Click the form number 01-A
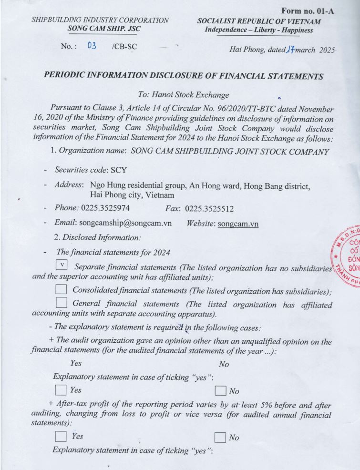pyautogui.click(x=308, y=10)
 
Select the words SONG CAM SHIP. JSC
pyautogui.click(x=104, y=29)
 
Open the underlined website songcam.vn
pyautogui.click(x=237, y=224)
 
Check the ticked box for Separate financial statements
pyautogui.click(x=62, y=265)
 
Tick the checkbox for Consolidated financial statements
pyautogui.click(x=62, y=289)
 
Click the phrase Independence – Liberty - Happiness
pyautogui.click(x=259, y=30)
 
